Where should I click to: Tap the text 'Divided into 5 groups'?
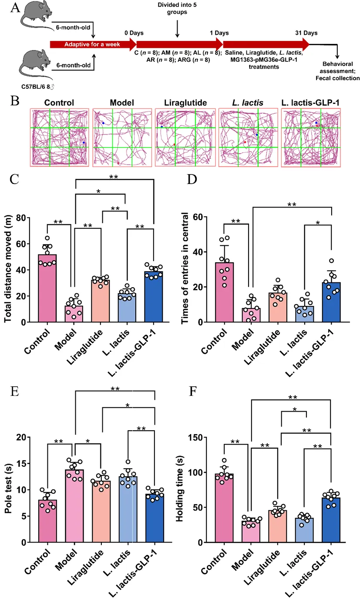tap(176, 9)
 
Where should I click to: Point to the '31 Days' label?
tap(306, 33)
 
